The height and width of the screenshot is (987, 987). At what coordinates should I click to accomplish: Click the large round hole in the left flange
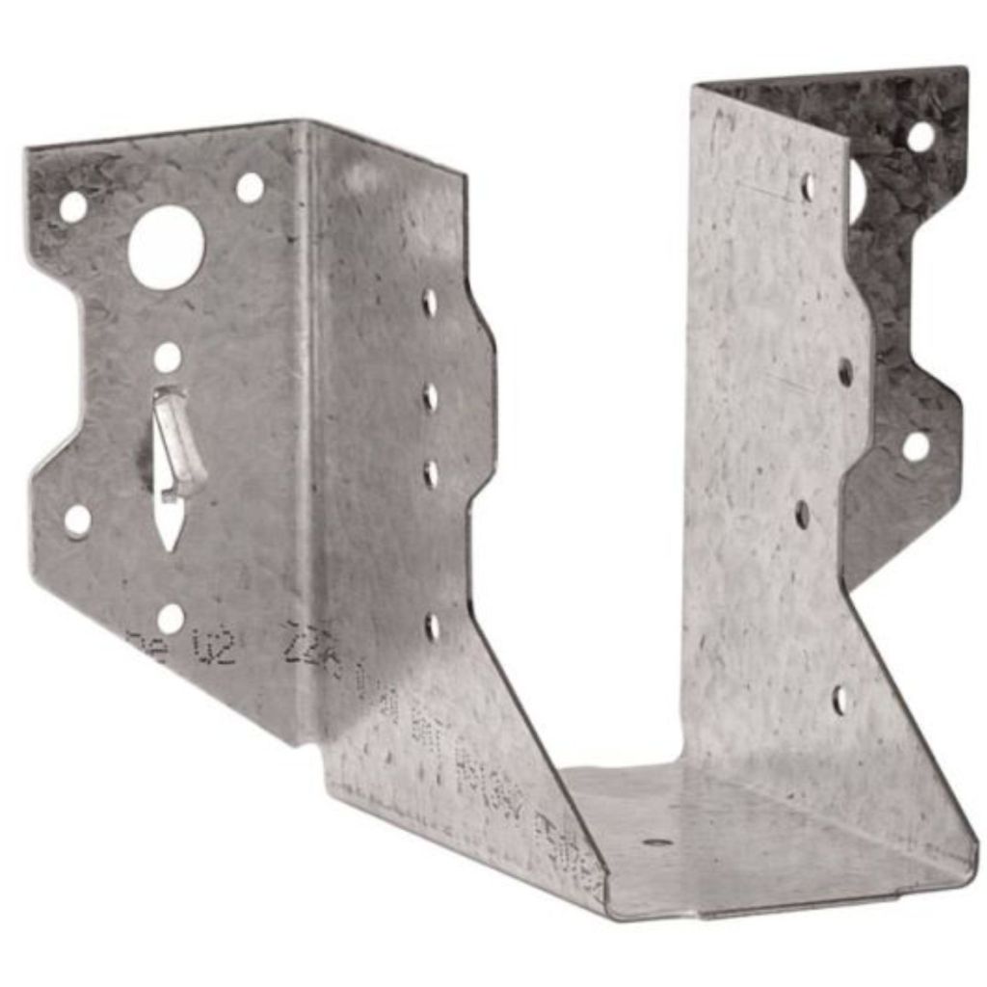166,247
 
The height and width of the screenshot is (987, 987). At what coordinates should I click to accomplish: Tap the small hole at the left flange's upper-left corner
73,205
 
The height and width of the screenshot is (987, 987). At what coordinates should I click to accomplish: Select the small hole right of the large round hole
250,187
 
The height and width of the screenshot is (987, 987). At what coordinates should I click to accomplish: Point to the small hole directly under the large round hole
167,358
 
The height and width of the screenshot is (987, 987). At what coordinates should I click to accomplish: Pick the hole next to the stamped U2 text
170,618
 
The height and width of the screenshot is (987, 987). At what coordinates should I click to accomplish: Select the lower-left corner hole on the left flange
77,520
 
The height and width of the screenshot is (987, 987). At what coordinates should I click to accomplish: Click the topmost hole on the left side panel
430,303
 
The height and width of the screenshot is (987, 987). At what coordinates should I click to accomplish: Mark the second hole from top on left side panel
430,396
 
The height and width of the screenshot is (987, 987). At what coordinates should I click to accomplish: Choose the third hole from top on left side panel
431,473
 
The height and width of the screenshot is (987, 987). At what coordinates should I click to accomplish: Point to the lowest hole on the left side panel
432,627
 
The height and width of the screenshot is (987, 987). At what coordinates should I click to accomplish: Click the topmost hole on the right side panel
808,187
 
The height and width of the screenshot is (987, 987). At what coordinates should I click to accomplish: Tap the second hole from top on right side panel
845,372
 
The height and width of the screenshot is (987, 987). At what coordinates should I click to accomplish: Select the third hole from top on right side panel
803,515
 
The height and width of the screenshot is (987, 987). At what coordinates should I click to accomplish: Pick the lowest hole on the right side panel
840,699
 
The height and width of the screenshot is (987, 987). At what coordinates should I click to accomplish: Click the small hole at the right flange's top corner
920,136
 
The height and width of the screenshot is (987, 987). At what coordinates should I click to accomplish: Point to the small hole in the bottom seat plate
658,841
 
